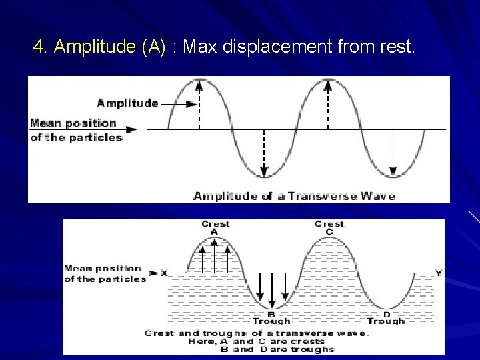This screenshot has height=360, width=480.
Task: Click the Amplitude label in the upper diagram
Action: [x=127, y=103]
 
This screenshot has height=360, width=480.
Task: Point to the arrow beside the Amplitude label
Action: [x=179, y=104]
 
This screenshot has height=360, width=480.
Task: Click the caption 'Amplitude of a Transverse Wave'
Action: [x=294, y=196]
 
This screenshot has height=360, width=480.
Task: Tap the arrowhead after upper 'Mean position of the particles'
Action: [x=132, y=129]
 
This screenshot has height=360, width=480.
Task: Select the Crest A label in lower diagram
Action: [x=215, y=227]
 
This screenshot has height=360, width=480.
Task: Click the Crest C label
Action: [x=329, y=227]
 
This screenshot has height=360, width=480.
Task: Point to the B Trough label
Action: [x=271, y=317]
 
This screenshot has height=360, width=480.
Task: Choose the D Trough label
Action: [x=386, y=317]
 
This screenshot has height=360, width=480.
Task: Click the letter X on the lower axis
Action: [x=164, y=273]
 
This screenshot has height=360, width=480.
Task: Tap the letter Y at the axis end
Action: [x=438, y=273]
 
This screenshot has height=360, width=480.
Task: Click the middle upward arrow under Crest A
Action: [x=215, y=257]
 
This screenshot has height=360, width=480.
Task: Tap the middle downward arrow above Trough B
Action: [x=272, y=289]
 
